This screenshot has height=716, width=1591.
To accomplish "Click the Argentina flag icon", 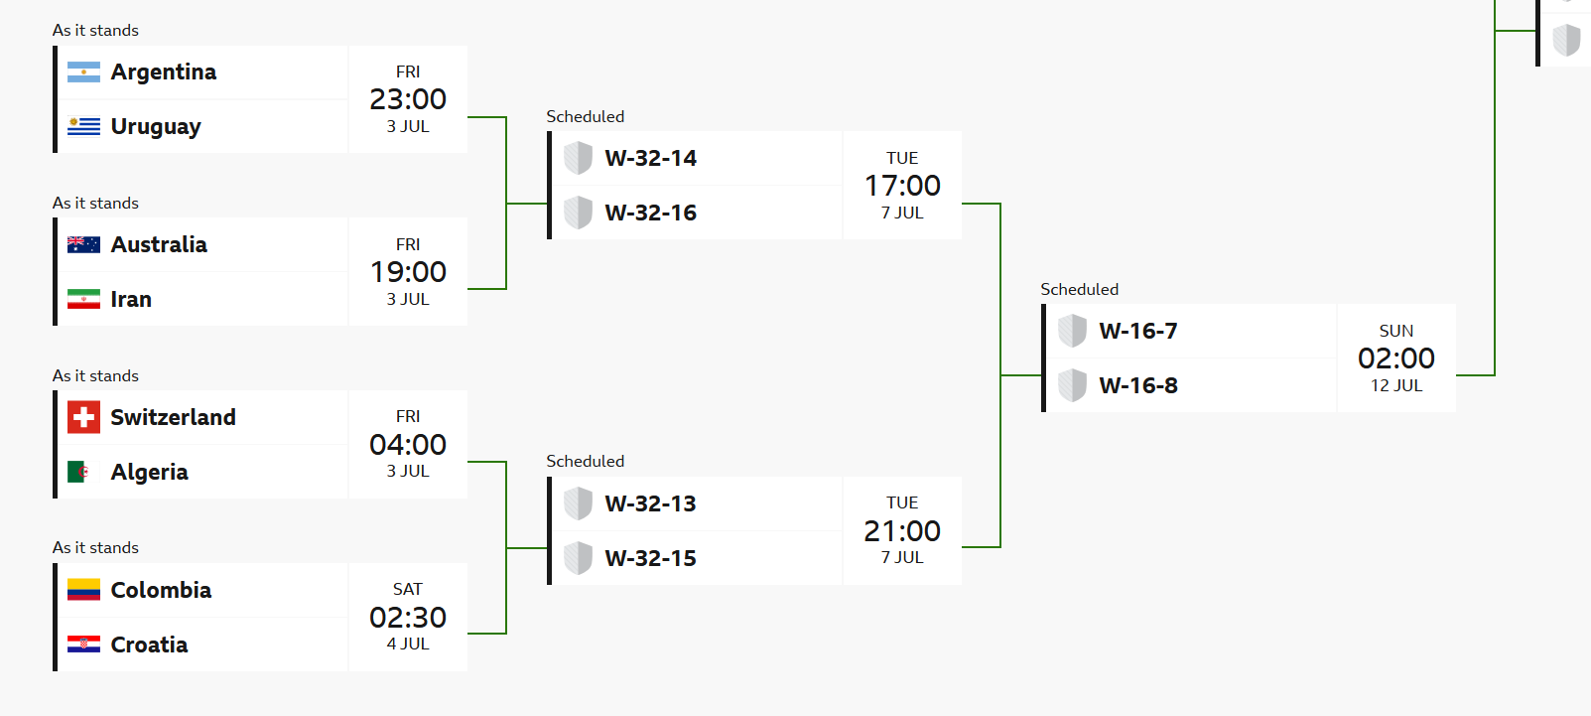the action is (x=83, y=72).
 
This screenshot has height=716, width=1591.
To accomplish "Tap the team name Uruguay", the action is (x=156, y=127).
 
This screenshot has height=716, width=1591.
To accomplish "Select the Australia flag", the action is (x=83, y=244).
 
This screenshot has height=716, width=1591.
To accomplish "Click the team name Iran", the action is (x=131, y=299).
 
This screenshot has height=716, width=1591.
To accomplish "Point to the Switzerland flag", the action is (x=83, y=417).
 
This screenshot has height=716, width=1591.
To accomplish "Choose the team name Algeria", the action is (x=149, y=473).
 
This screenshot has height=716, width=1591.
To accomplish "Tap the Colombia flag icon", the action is (x=83, y=590).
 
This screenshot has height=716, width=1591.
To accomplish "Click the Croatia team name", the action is (x=149, y=644).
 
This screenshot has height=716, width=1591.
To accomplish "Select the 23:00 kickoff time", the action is (x=408, y=99).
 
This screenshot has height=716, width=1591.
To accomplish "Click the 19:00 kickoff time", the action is (x=408, y=272).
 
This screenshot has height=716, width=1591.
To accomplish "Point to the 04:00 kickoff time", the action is (x=408, y=445).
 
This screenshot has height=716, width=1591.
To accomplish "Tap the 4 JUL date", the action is (x=408, y=644).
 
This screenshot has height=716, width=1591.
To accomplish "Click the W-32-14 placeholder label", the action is (x=651, y=158).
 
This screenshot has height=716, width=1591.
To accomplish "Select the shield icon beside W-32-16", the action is (x=579, y=213).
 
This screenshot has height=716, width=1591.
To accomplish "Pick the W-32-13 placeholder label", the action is (x=651, y=503).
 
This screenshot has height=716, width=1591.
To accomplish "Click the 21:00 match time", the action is (x=902, y=531).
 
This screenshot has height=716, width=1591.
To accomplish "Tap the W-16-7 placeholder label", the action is (x=1138, y=331).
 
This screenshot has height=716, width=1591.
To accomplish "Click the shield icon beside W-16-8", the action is (x=1073, y=385).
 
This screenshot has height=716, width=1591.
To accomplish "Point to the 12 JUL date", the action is (x=1396, y=385).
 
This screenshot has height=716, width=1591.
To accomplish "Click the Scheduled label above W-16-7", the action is (x=1080, y=289).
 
